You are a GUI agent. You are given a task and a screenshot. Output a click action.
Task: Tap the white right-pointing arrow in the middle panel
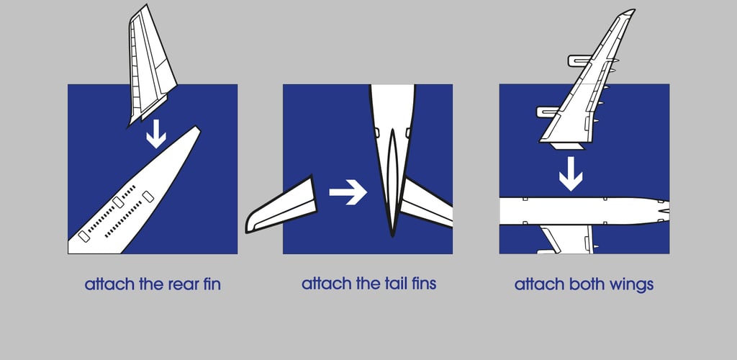coord(348,192)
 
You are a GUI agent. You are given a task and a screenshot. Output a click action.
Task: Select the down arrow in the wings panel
coord(571,174)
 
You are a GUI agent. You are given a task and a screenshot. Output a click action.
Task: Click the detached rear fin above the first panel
coord(150,66)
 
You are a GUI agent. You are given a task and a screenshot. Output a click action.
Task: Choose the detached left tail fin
coord(281,207)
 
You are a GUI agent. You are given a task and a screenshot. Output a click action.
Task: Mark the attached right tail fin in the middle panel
coord(427,203)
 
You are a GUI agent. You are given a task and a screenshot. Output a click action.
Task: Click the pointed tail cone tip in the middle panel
coord(392,235)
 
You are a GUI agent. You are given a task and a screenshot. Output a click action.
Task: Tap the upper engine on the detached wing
coord(579,60)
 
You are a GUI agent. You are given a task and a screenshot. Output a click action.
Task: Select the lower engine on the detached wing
coord(548,112)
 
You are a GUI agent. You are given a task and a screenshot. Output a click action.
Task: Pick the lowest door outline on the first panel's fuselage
coord(83,236)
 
